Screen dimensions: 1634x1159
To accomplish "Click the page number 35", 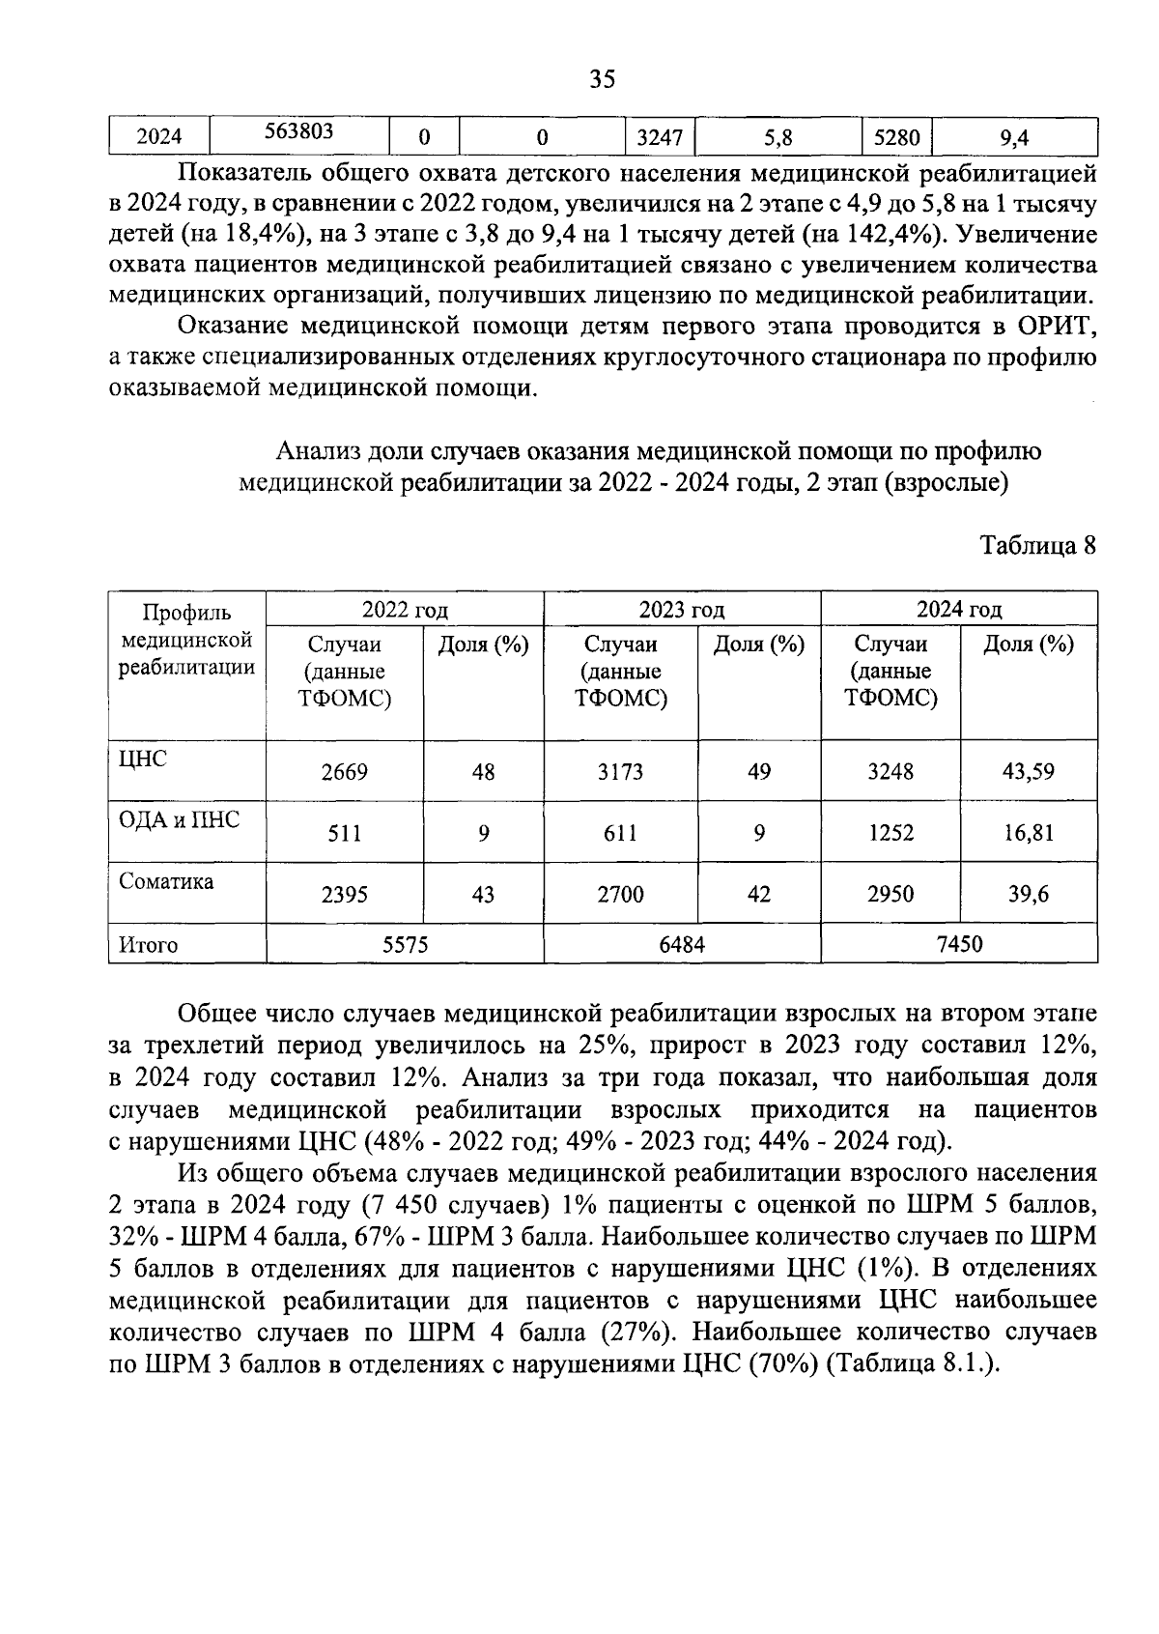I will coord(602,79).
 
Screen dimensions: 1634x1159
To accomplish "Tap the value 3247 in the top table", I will coord(660,138).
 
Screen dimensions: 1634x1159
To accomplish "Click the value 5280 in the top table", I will coord(896,138).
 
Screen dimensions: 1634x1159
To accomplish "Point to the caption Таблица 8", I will coord(1038,546).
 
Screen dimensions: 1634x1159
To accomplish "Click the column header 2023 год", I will coord(681,610).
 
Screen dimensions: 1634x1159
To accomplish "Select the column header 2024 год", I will coord(958,610).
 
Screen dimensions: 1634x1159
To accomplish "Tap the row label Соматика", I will coord(166,881).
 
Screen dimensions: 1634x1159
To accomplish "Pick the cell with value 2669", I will coord(344,772).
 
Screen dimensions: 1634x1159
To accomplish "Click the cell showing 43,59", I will coord(1028,772).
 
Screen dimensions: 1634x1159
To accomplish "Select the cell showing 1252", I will coord(890,833).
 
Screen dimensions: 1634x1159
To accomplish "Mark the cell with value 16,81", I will coord(1028,833).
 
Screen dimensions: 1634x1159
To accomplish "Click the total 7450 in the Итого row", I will coord(958,943).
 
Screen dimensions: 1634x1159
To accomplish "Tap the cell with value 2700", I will coord(620,895).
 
